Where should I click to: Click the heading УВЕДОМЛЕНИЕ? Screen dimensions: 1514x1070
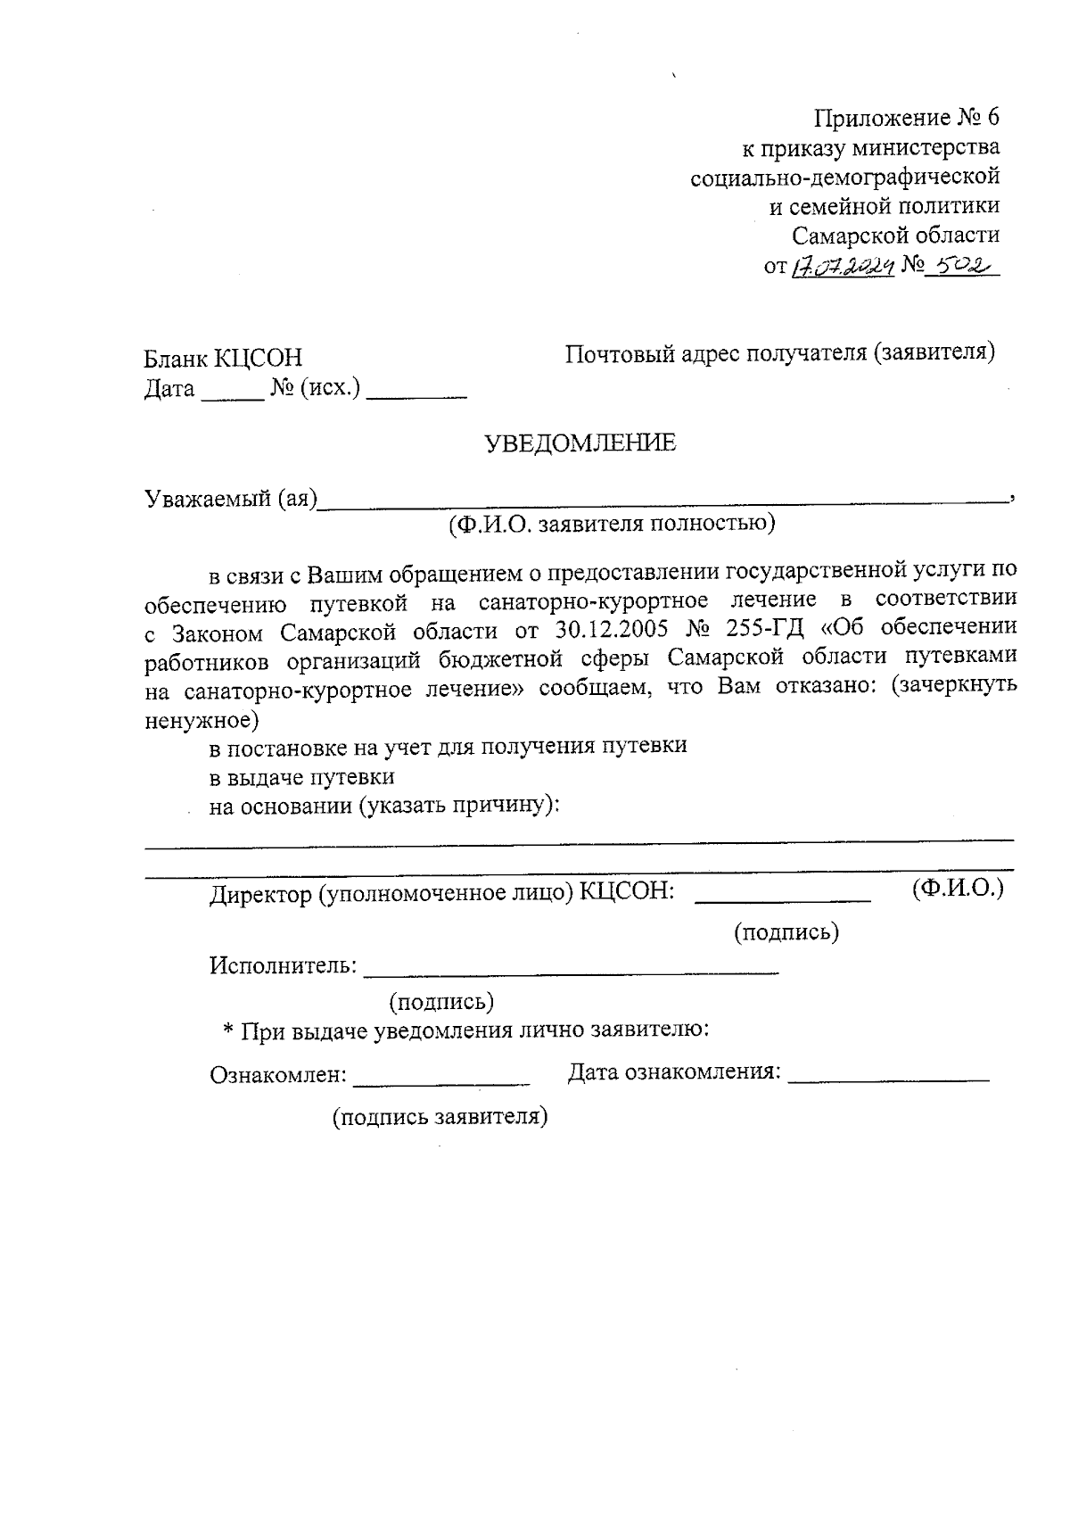click(580, 443)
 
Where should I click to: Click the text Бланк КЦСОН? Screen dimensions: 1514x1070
click(224, 359)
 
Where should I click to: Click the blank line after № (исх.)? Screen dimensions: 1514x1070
click(416, 395)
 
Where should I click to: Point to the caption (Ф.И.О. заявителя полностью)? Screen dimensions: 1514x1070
click(612, 524)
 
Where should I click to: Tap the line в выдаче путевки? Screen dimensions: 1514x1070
click(301, 776)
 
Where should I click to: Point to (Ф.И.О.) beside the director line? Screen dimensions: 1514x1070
click(958, 889)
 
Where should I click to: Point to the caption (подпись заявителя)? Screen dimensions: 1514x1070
click(440, 1117)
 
